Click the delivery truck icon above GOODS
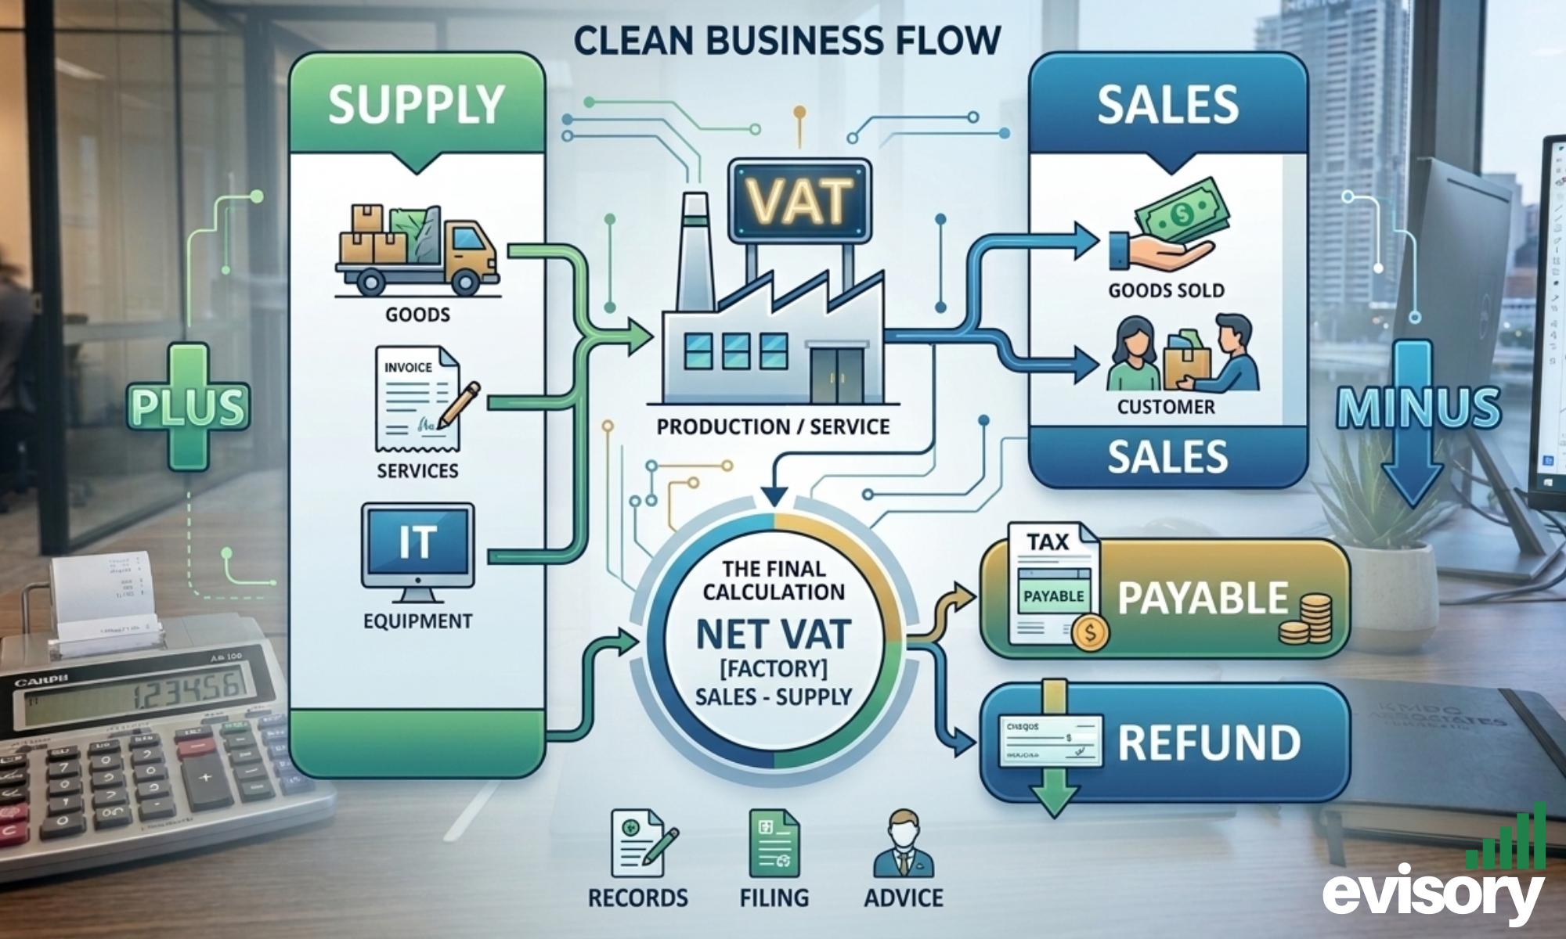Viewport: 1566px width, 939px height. click(417, 250)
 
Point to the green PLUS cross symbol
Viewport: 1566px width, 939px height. click(188, 407)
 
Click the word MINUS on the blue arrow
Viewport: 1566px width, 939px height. click(1418, 408)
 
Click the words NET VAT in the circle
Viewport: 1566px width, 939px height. click(773, 634)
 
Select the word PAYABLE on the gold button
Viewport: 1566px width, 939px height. click(1202, 599)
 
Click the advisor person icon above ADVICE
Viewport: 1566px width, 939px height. click(904, 845)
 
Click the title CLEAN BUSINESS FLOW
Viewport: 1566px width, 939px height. click(787, 41)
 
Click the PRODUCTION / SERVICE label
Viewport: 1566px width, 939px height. click(773, 427)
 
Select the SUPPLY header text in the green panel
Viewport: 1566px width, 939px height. click(417, 105)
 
